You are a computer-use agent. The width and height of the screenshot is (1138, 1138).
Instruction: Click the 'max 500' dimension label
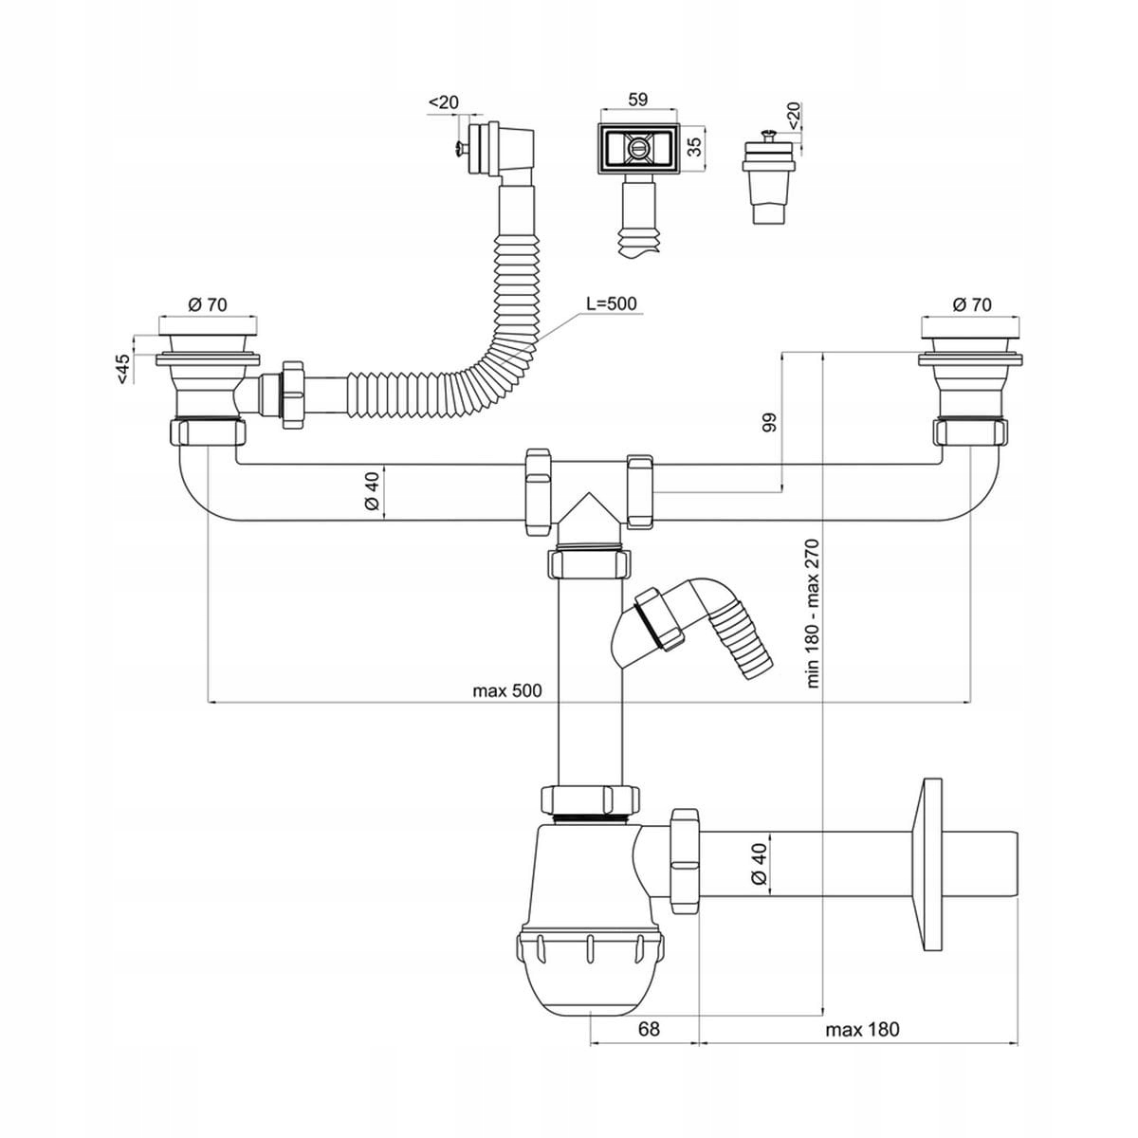(x=507, y=690)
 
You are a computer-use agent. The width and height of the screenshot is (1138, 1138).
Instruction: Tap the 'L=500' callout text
(x=612, y=303)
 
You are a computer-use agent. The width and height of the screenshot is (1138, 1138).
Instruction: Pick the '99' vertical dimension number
(x=769, y=423)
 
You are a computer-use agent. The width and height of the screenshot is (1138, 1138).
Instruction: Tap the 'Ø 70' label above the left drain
(x=208, y=304)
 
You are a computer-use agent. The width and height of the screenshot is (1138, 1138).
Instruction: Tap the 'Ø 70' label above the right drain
(x=971, y=304)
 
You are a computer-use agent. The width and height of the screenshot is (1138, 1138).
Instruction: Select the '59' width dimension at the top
(x=637, y=98)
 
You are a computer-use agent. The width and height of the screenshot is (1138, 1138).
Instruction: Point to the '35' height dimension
(x=693, y=146)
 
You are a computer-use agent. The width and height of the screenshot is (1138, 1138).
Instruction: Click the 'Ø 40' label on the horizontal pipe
(x=373, y=491)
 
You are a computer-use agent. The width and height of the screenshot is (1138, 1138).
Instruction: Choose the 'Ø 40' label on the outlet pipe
(x=758, y=865)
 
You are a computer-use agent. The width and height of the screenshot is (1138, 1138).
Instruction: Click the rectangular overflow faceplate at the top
(x=637, y=147)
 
